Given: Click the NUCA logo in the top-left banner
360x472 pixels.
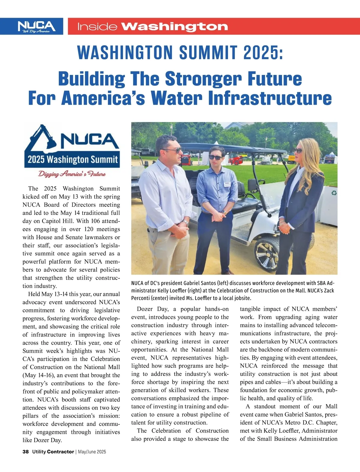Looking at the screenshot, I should point(36,26).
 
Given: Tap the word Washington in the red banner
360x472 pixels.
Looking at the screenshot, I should point(175,27).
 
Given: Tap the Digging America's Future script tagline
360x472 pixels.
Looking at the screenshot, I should point(72,174).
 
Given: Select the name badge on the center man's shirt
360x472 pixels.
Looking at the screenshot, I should point(227,184).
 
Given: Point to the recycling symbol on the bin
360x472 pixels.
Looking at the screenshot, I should point(334,193).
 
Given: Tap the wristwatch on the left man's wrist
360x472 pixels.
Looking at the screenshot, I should point(186,223).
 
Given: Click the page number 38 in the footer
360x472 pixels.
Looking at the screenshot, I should point(25,452).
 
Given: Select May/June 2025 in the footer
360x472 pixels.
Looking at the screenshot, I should point(92,452).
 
